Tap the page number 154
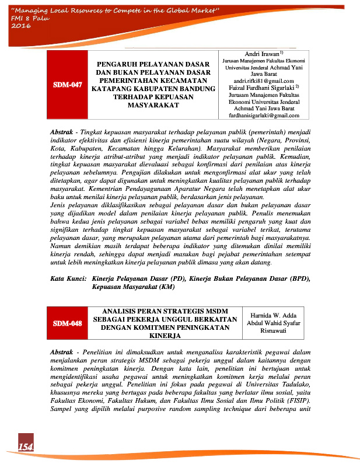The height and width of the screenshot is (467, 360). coord(25,447)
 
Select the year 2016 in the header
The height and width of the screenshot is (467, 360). coord(21,26)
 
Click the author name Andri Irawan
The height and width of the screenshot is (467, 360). coord(257,53)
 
